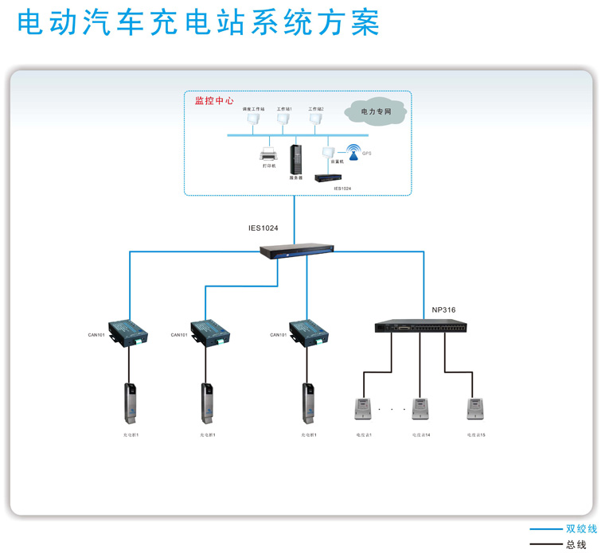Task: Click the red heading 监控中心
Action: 214,101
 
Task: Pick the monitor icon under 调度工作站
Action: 253,119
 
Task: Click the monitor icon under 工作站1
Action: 283,119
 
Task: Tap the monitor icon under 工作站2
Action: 315,119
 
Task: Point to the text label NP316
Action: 443,310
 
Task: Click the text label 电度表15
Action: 477,435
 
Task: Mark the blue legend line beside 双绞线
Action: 545,529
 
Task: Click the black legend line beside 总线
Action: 545,545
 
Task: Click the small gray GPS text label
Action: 367,152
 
